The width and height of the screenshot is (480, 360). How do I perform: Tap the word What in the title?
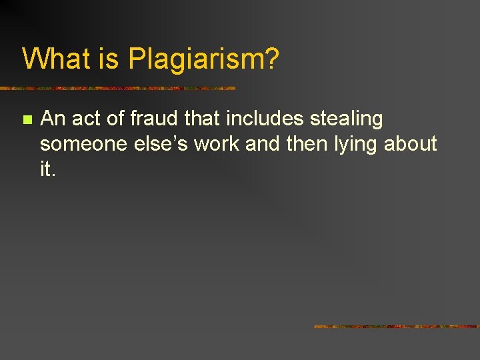(58, 59)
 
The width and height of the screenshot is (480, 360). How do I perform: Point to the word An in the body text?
(53, 119)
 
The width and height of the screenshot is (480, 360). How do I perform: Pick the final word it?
(47, 169)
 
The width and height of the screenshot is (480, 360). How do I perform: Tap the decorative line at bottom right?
(397, 327)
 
